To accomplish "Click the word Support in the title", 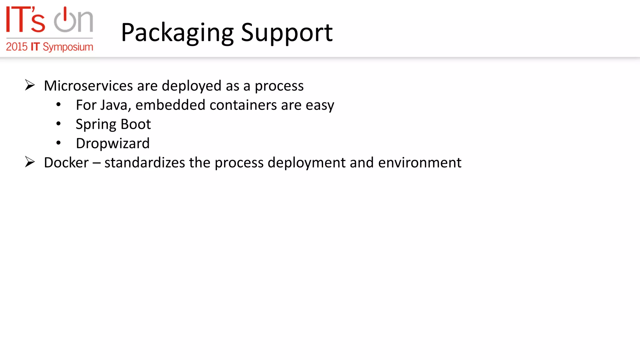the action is coord(287,33).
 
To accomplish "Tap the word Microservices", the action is coord(88,86).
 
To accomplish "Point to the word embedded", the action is coord(170,105).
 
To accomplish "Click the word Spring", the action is coord(96,125).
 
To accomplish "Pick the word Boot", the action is coord(136,124).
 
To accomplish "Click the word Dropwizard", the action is coord(113,144).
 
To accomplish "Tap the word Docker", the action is coord(66,163).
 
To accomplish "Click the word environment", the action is coord(420,163).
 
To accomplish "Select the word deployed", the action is coord(192,86).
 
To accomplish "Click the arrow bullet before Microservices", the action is coord(30,85).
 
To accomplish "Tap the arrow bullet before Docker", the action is coord(30,162).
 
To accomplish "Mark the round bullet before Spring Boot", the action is coord(58,124).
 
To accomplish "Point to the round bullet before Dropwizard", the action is coord(58,143).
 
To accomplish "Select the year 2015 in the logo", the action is coord(17,47).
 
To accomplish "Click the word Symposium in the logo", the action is coord(68,47).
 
